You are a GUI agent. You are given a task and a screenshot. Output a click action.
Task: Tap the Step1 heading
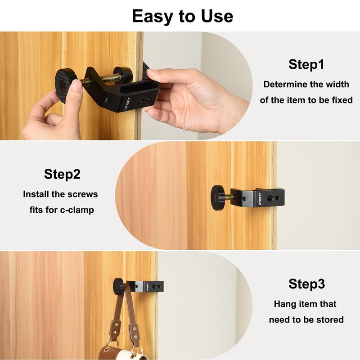[x=306, y=64]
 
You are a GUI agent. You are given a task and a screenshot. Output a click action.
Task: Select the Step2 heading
[x=62, y=174]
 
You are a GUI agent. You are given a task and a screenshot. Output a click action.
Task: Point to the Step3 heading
[x=306, y=284]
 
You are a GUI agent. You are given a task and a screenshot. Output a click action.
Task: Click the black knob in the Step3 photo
[x=119, y=285]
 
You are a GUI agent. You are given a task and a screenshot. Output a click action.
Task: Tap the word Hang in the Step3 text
[x=284, y=304]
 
